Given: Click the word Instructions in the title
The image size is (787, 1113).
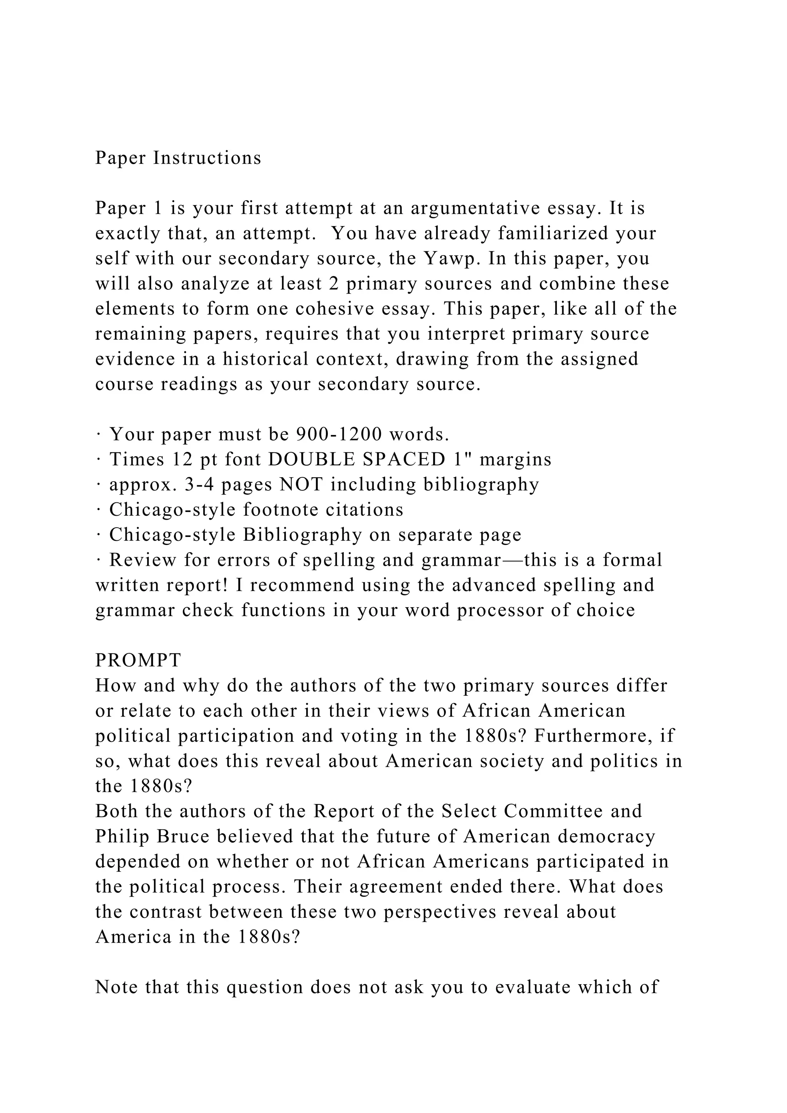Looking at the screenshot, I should tap(208, 158).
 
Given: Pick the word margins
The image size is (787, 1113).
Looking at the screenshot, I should tap(515, 459).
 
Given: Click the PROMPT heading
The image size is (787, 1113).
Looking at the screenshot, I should tap(138, 660).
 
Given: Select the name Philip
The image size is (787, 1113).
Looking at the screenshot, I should tap(120, 836).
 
